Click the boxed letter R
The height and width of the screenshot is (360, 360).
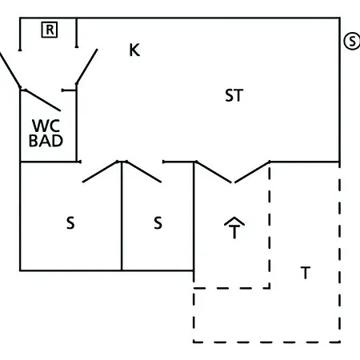[50, 30]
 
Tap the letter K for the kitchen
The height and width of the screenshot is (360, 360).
[134, 50]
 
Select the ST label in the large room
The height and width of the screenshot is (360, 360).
[234, 95]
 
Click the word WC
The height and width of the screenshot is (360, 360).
[46, 126]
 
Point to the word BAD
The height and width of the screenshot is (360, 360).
[46, 141]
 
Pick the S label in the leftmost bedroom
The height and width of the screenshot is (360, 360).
[70, 223]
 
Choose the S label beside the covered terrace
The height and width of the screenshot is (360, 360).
[158, 223]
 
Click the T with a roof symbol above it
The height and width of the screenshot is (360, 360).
[234, 228]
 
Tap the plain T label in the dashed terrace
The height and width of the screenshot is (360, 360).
[306, 273]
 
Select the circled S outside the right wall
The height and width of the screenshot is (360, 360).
[352, 41]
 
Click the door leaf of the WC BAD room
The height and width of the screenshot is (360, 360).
[42, 100]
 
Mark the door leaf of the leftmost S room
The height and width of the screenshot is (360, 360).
[100, 172]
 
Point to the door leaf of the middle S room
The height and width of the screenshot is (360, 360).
[143, 172]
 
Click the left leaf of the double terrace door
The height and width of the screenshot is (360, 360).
[214, 172]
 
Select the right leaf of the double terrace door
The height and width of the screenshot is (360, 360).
[252, 172]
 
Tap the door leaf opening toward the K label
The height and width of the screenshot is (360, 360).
[87, 66]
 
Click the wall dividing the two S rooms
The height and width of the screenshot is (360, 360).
[122, 216]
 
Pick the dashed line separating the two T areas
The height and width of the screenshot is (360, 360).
[270, 226]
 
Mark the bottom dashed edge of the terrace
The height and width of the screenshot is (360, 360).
[266, 342]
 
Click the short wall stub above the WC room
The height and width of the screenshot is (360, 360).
[69, 90]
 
